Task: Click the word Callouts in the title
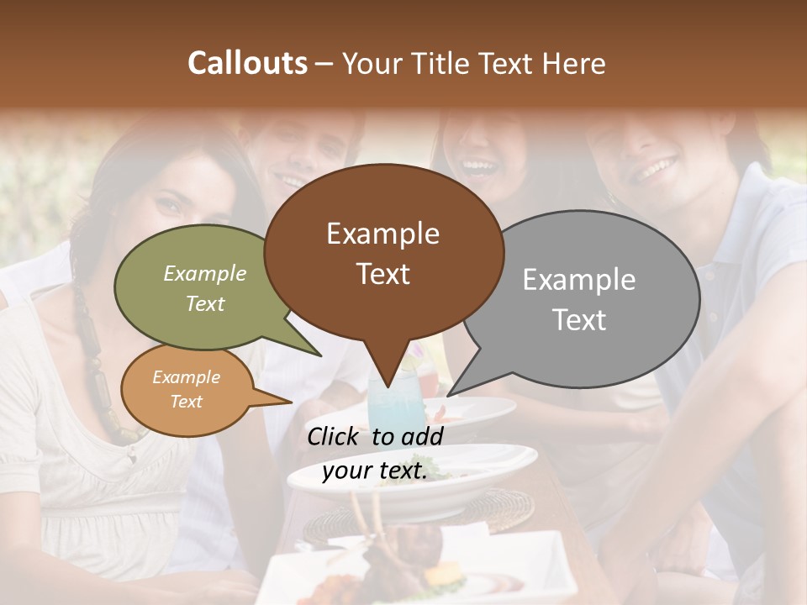[247, 63]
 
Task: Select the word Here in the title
[573, 64]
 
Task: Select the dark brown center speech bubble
[383, 252]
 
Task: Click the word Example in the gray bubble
[579, 279]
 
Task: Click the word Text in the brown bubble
[383, 275]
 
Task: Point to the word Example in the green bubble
[205, 273]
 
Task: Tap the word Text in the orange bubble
[187, 402]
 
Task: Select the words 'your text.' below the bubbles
[374, 471]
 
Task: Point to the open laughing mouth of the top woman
[480, 166]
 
